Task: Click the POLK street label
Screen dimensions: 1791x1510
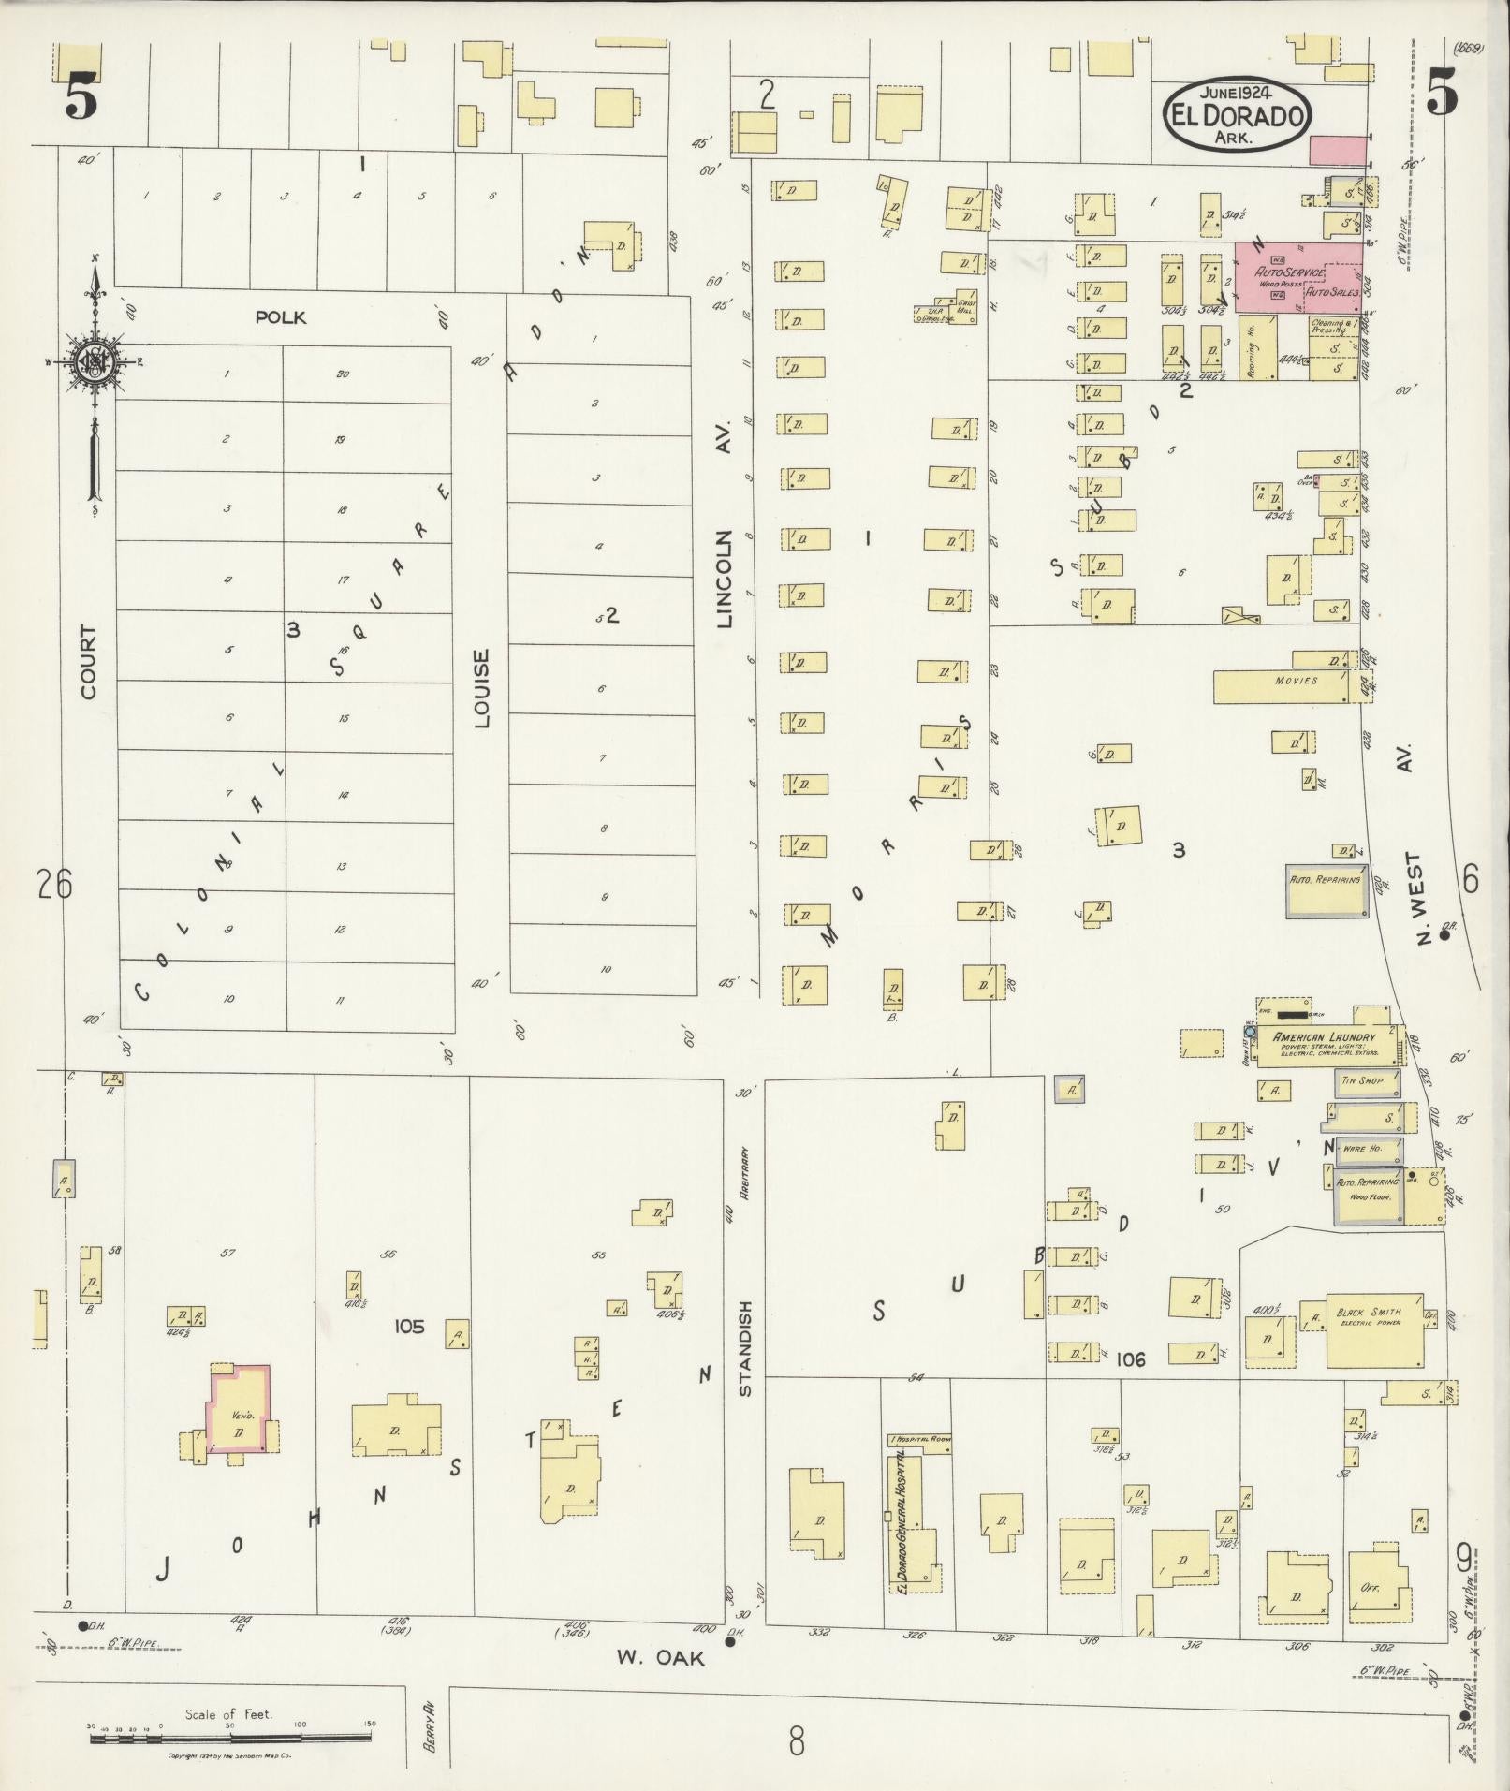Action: (x=280, y=317)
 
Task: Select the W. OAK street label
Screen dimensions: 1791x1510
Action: (x=659, y=1657)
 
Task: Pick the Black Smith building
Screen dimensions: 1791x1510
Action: (x=1374, y=1330)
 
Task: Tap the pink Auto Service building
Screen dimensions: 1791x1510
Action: (x=1297, y=275)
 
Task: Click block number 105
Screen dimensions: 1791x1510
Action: (x=409, y=1326)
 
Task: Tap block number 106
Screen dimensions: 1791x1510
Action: (x=1131, y=1358)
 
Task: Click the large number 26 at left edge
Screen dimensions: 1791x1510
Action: (x=54, y=883)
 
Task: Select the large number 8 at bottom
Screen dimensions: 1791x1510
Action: (x=796, y=1743)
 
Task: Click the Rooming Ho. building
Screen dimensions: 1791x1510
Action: (x=1255, y=347)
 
